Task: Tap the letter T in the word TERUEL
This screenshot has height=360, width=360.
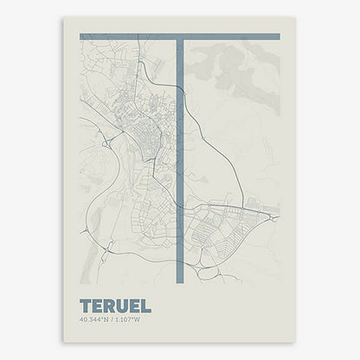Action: [x=85, y=306]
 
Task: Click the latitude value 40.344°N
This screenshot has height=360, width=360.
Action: [x=93, y=321]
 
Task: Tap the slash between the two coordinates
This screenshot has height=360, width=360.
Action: [x=112, y=321]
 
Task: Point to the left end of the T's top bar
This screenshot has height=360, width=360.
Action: [x=82, y=36]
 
